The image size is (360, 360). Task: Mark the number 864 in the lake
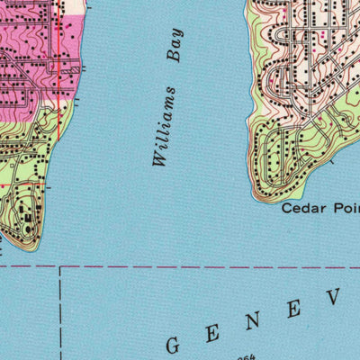click(243, 356)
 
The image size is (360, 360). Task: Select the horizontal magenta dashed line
click(180, 267)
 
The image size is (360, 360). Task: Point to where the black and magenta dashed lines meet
click(60, 267)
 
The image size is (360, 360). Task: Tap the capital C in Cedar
click(287, 208)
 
